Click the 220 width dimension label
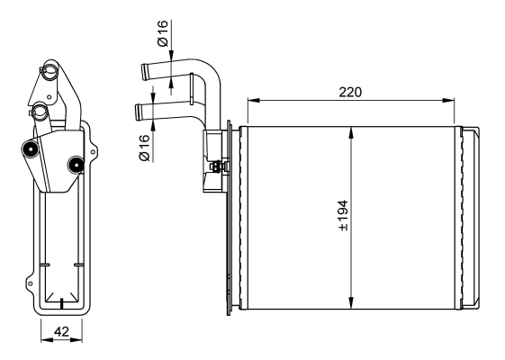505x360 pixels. (x=350, y=93)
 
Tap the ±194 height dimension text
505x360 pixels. (x=343, y=215)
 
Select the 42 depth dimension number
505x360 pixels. (x=61, y=331)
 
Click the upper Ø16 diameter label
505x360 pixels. (x=163, y=33)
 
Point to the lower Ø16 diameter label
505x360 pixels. (x=144, y=148)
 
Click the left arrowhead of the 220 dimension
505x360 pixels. (x=254, y=101)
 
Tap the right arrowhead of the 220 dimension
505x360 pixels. (x=448, y=101)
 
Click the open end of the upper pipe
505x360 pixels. (x=144, y=72)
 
